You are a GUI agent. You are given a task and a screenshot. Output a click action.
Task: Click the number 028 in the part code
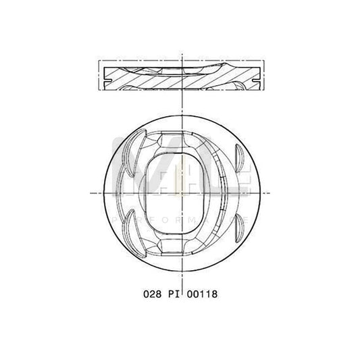pyautogui.click(x=151, y=294)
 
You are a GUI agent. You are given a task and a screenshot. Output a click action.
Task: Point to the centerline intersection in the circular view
pyautogui.click(x=180, y=192)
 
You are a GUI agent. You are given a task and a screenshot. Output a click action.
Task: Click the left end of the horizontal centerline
pyautogui.click(x=91, y=192)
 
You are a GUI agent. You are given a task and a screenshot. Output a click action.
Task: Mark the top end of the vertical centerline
pyautogui.click(x=180, y=51)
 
